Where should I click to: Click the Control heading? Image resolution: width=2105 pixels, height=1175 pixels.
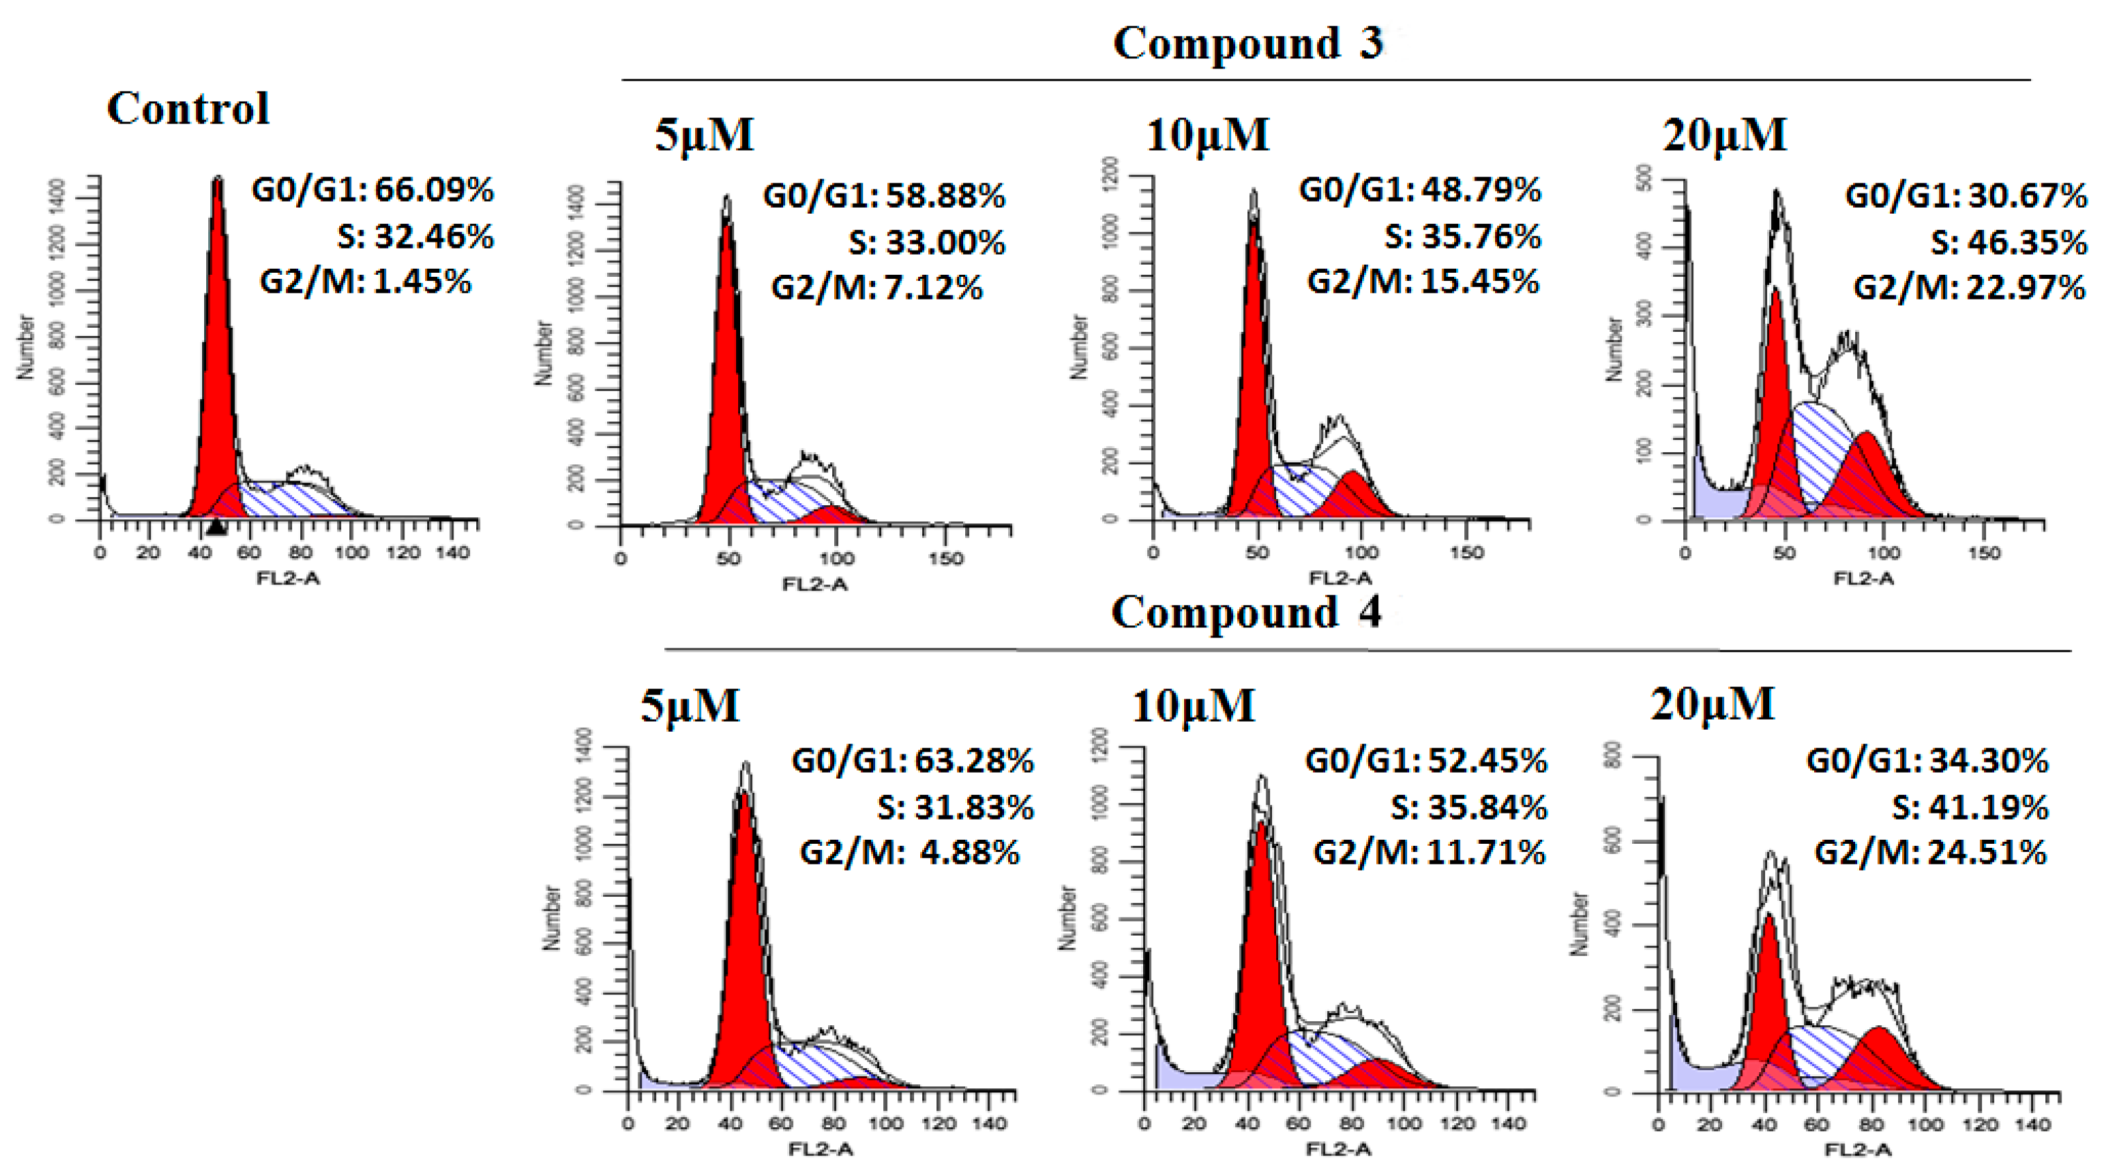[x=188, y=109]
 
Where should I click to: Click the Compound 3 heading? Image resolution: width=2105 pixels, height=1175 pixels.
[x=1249, y=43]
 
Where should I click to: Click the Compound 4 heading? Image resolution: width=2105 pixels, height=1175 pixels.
[x=1246, y=613]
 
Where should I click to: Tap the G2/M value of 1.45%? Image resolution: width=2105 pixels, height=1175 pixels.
[x=422, y=282]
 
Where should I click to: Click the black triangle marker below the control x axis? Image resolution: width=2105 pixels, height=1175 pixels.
[x=216, y=528]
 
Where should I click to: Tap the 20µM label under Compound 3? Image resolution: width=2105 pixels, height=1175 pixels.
[x=1724, y=136]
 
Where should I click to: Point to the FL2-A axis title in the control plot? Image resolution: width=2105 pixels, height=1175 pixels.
[x=288, y=578]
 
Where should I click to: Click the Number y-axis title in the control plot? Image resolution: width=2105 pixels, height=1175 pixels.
[x=26, y=347]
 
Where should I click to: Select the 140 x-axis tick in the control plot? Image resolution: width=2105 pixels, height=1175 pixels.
[x=453, y=553]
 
